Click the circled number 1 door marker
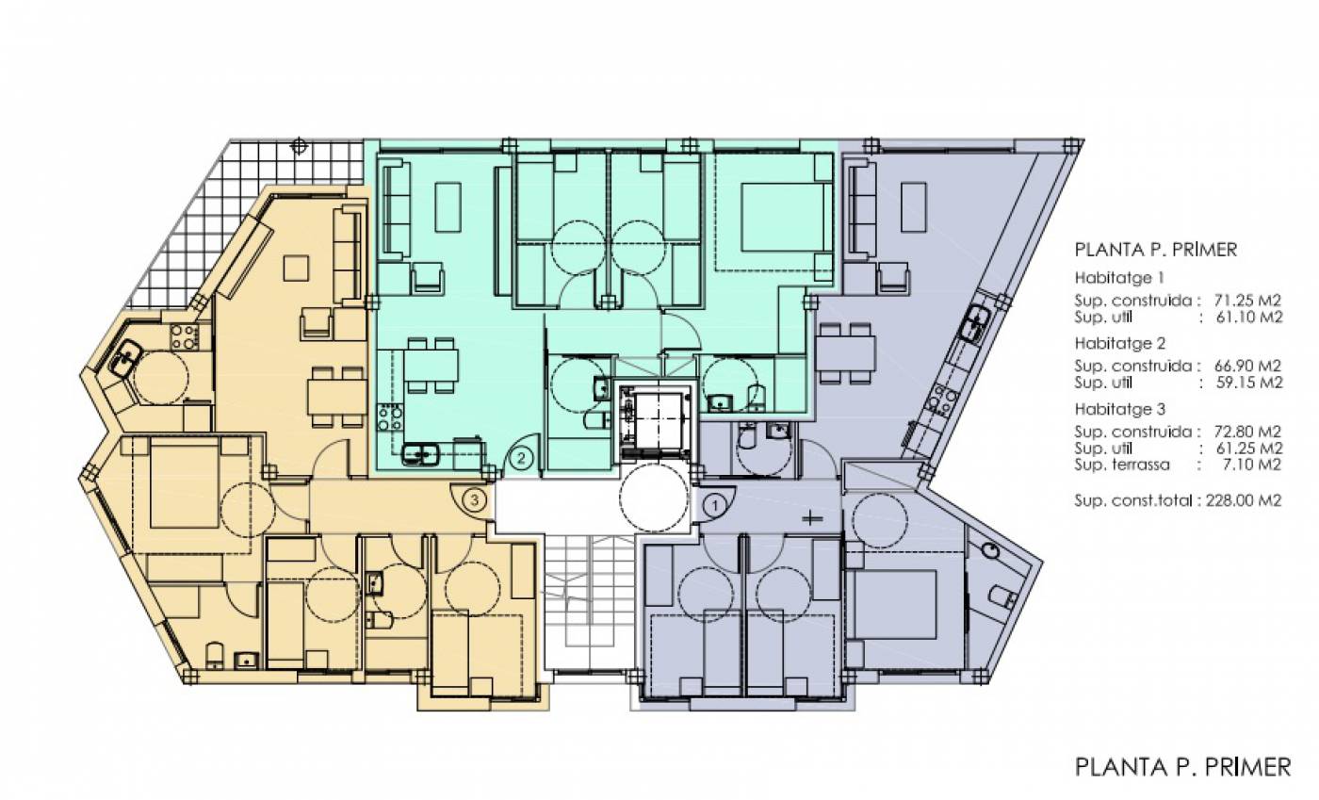pos(715,505)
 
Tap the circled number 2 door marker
pos(522,457)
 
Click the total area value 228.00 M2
pos(1244,500)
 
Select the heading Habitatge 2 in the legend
pos(1120,343)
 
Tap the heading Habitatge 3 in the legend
pos(1120,409)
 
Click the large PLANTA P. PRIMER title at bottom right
pos(1182,767)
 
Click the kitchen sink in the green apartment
pos(420,454)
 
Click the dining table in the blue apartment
pos(846,353)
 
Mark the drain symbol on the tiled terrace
pos(299,145)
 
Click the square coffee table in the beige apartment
pos(296,268)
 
